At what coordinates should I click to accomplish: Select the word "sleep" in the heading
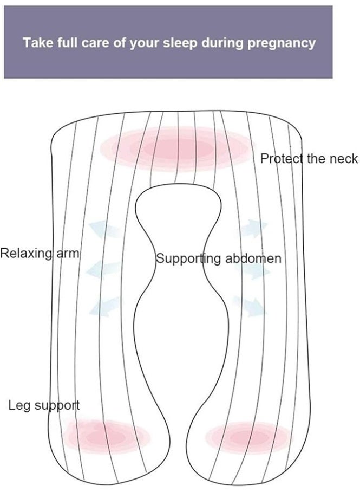(180, 43)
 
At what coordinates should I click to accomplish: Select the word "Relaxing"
(26, 254)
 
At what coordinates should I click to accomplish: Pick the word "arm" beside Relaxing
(67, 254)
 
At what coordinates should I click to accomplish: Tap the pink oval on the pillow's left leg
(106, 436)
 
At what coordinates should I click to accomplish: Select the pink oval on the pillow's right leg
(248, 437)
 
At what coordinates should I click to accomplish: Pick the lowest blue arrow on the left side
(105, 307)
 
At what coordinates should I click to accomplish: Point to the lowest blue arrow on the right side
(250, 306)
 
